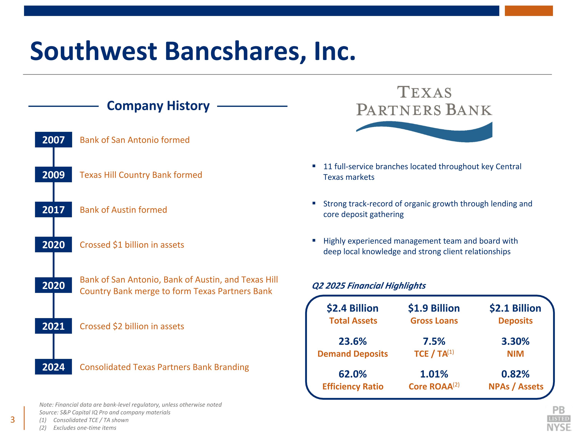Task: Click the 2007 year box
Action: [53, 140]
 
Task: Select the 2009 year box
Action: [53, 174]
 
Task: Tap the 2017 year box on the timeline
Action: [53, 209]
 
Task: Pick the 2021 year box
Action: [53, 326]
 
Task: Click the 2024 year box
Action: [53, 367]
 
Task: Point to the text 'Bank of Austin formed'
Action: [123, 210]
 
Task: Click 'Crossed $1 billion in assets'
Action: [132, 245]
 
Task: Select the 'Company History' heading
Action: [158, 106]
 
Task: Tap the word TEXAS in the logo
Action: [424, 92]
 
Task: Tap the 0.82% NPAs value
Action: [515, 374]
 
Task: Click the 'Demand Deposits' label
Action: [353, 354]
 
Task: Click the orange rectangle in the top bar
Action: [529, 11]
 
